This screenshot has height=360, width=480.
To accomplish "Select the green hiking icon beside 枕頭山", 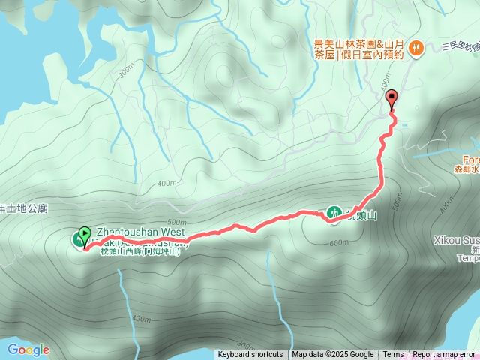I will click(333, 214).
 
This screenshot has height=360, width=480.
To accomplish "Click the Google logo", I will click(28, 349).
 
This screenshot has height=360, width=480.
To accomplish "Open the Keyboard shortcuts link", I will click(250, 355).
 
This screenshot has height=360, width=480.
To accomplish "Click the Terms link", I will click(393, 355).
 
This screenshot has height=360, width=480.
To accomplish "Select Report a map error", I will click(444, 355).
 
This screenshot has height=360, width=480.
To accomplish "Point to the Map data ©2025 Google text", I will click(332, 355).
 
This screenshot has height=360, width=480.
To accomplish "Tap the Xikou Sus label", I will click(457, 240).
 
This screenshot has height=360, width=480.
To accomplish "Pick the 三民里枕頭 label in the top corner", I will click(460, 46).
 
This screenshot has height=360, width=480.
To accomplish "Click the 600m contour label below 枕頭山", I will click(339, 242).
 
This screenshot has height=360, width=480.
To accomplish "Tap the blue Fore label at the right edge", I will click(470, 160).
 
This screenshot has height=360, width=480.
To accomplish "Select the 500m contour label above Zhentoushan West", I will click(177, 222).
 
